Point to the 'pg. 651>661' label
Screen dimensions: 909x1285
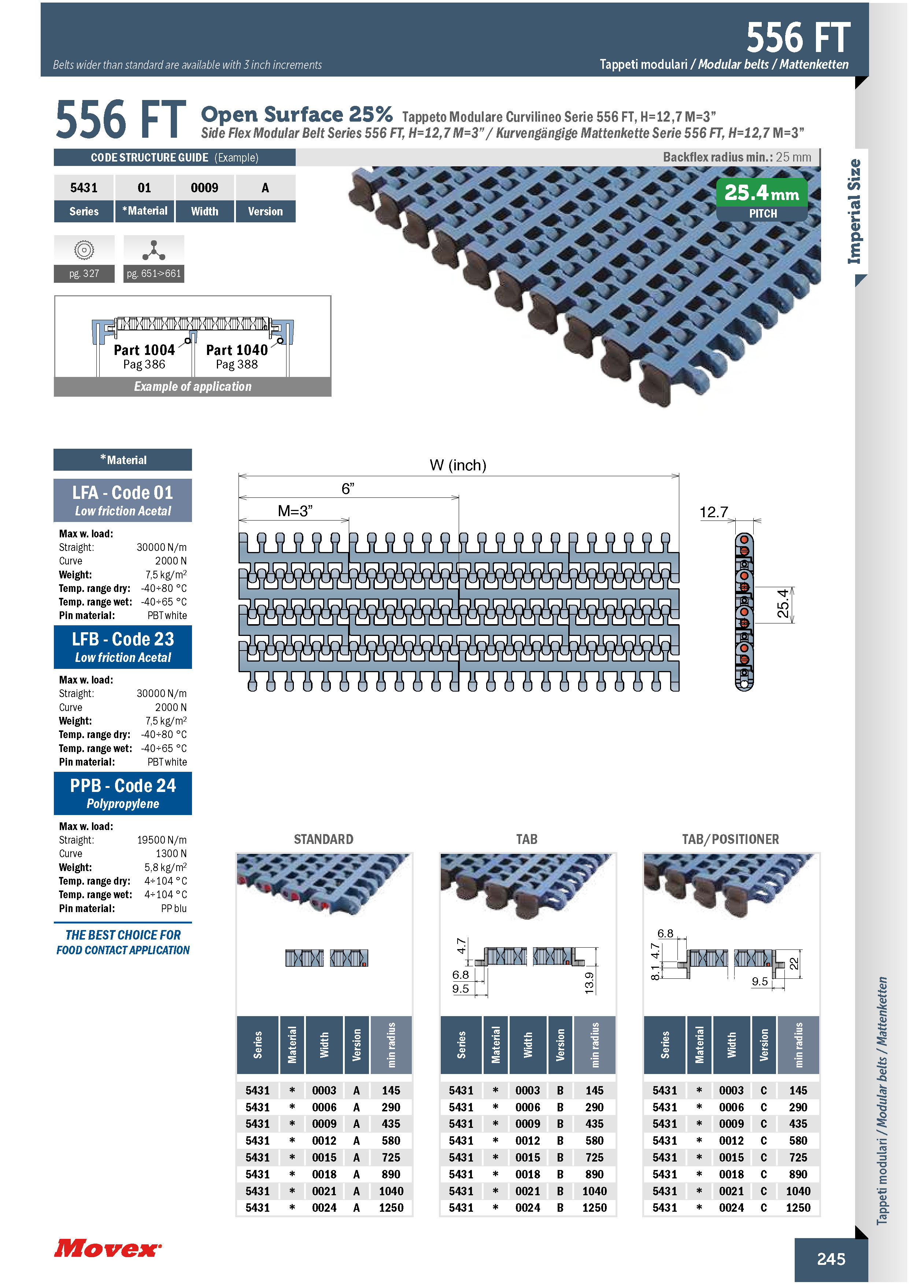154,274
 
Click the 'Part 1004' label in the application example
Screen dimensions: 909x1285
144,350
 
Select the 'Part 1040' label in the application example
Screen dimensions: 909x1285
237,350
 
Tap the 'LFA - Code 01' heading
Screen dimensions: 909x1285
123,493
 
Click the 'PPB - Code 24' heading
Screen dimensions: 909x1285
123,785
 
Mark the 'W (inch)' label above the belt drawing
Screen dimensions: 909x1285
458,465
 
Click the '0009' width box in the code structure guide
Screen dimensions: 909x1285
204,188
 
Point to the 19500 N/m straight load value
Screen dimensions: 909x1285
162,840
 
